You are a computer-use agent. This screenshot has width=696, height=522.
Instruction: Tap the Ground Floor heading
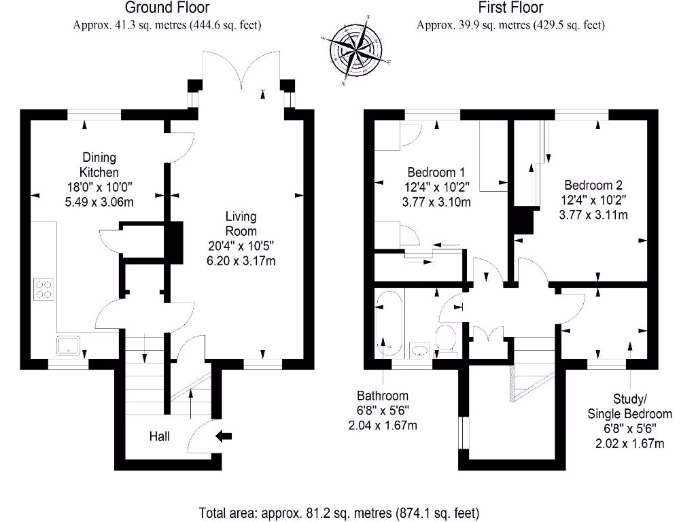point(167,8)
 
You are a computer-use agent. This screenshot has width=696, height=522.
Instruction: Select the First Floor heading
point(510,8)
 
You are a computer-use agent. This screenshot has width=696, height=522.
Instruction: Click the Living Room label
point(241,224)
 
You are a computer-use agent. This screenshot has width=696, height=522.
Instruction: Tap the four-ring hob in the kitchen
point(43,290)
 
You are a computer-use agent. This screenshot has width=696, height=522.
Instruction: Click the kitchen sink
point(69,346)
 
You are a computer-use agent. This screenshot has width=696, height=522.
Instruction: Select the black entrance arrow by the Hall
point(224,435)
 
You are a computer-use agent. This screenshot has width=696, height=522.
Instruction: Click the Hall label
point(160,436)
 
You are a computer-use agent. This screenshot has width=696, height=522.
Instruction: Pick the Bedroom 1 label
point(436,171)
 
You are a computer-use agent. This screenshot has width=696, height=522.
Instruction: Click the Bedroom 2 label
point(593,185)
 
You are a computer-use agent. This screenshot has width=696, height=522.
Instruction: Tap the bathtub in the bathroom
point(389,324)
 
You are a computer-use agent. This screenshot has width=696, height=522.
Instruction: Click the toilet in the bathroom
point(446,337)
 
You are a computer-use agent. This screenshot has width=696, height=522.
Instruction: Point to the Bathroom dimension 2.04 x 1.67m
point(383,426)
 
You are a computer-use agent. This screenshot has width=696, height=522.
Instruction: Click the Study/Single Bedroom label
point(629,406)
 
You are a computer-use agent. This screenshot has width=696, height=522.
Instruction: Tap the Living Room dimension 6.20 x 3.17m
point(241,261)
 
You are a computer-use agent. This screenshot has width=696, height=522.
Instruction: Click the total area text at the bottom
point(338,512)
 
